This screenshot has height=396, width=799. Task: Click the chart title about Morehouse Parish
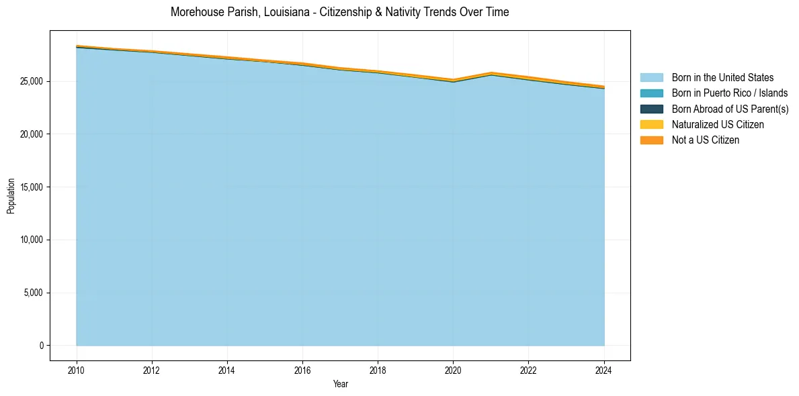tap(339, 12)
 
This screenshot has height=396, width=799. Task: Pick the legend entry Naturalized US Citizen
tap(718, 124)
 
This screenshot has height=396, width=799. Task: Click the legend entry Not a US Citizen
tap(705, 140)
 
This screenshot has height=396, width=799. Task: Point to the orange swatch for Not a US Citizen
tap(651, 140)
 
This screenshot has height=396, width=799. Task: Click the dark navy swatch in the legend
tap(651, 109)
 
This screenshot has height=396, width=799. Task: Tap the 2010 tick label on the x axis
tap(77, 370)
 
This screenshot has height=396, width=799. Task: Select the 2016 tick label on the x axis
tap(302, 370)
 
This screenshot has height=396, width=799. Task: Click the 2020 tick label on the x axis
tap(454, 370)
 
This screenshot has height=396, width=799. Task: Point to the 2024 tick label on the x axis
tap(604, 370)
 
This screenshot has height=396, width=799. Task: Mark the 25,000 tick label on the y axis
tap(31, 81)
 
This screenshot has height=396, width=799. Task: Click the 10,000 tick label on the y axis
tap(31, 240)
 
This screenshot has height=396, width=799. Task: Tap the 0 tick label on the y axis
tap(41, 346)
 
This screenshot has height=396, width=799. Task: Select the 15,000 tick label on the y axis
tap(31, 187)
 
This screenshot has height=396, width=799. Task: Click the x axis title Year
tap(340, 384)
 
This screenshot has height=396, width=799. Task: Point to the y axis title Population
tap(11, 195)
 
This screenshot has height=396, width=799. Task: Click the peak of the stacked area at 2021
tap(491, 72)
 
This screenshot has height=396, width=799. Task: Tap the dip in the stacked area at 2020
tap(454, 80)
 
